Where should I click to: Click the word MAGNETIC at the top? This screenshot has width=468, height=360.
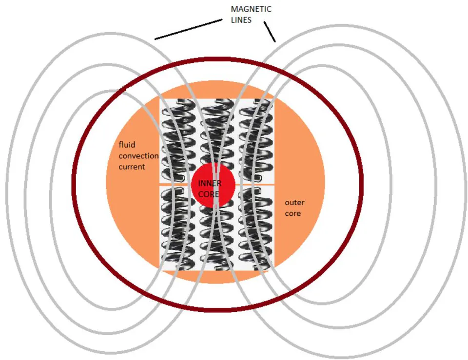[x=252, y=9]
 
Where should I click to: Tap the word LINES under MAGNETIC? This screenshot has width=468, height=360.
[x=241, y=20]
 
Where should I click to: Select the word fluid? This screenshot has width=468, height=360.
[x=127, y=145]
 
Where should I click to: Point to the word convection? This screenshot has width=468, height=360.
[x=138, y=156]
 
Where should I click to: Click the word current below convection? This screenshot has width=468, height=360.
[x=132, y=167]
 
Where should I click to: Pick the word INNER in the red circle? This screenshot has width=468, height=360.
[x=210, y=183]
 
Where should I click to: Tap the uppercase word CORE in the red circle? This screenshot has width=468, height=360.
[x=208, y=194]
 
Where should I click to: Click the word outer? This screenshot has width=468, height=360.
[x=294, y=203]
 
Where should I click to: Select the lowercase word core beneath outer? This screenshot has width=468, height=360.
[x=292, y=213]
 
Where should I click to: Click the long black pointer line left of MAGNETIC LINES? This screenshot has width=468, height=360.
[x=189, y=29]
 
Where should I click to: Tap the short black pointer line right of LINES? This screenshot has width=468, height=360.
[x=270, y=31]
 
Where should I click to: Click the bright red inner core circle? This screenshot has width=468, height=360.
[x=213, y=185]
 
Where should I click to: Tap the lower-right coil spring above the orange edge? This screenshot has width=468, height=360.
[x=256, y=228]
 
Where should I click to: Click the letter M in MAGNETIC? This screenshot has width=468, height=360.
[x=234, y=9]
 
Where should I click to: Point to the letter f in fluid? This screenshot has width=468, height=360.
[x=120, y=145]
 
